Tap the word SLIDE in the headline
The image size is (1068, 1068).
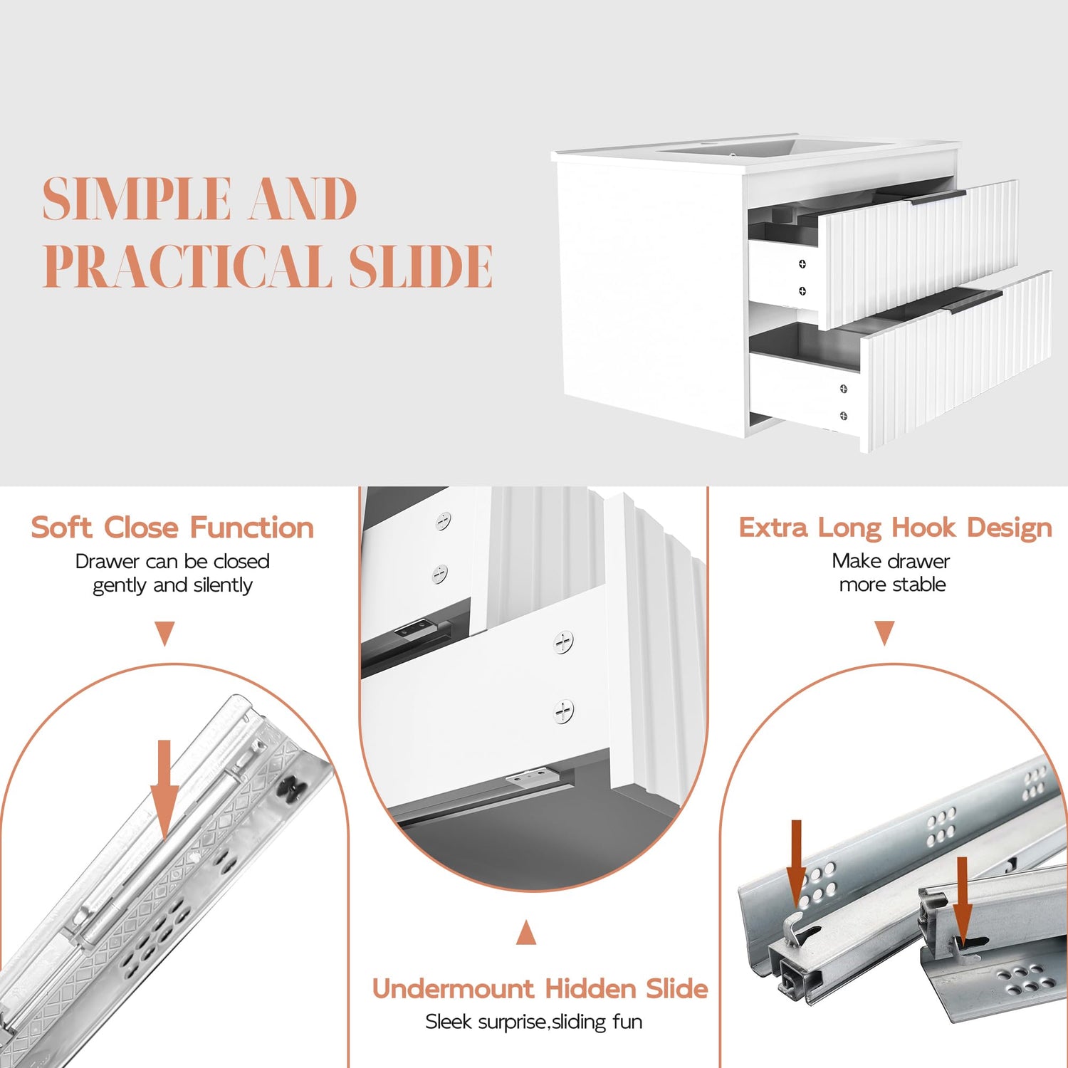click(421, 266)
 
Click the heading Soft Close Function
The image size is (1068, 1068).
click(172, 528)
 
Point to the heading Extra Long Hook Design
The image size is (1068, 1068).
click(895, 528)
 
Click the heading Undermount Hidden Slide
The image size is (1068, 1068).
click(540, 988)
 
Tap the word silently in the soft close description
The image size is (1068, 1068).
click(222, 585)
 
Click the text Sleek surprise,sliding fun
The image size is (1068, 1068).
click(534, 1022)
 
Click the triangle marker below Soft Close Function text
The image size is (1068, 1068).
click(165, 632)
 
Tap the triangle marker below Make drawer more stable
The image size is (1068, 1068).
click(884, 632)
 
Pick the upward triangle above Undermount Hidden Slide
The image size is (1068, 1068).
click(526, 932)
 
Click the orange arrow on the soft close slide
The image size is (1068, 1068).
click(164, 790)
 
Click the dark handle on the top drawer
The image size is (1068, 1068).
click(938, 197)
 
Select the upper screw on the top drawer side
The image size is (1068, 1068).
click(802, 264)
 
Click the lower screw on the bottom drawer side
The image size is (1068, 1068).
click(844, 416)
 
